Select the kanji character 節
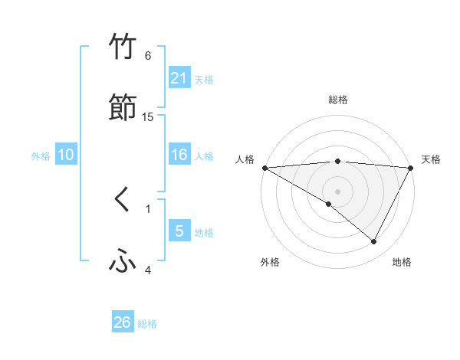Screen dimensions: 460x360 123,108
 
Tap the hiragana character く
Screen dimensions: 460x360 123,200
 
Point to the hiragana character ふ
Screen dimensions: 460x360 123,262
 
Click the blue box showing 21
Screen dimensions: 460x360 179,77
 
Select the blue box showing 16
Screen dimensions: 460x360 179,155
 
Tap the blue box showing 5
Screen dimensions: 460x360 179,231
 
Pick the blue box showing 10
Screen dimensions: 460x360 66,155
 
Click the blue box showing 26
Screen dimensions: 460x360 123,322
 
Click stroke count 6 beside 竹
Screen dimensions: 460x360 148,55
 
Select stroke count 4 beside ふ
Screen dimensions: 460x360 148,270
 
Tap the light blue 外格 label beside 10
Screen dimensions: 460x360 41,155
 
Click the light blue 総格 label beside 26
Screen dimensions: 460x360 147,324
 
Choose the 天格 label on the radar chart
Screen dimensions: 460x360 431,159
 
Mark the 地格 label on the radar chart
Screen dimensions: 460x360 402,262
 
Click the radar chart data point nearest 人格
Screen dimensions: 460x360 264,168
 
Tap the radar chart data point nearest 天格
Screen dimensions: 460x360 411,168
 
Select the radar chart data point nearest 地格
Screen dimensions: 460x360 374,242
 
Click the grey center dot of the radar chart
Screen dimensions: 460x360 337,191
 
